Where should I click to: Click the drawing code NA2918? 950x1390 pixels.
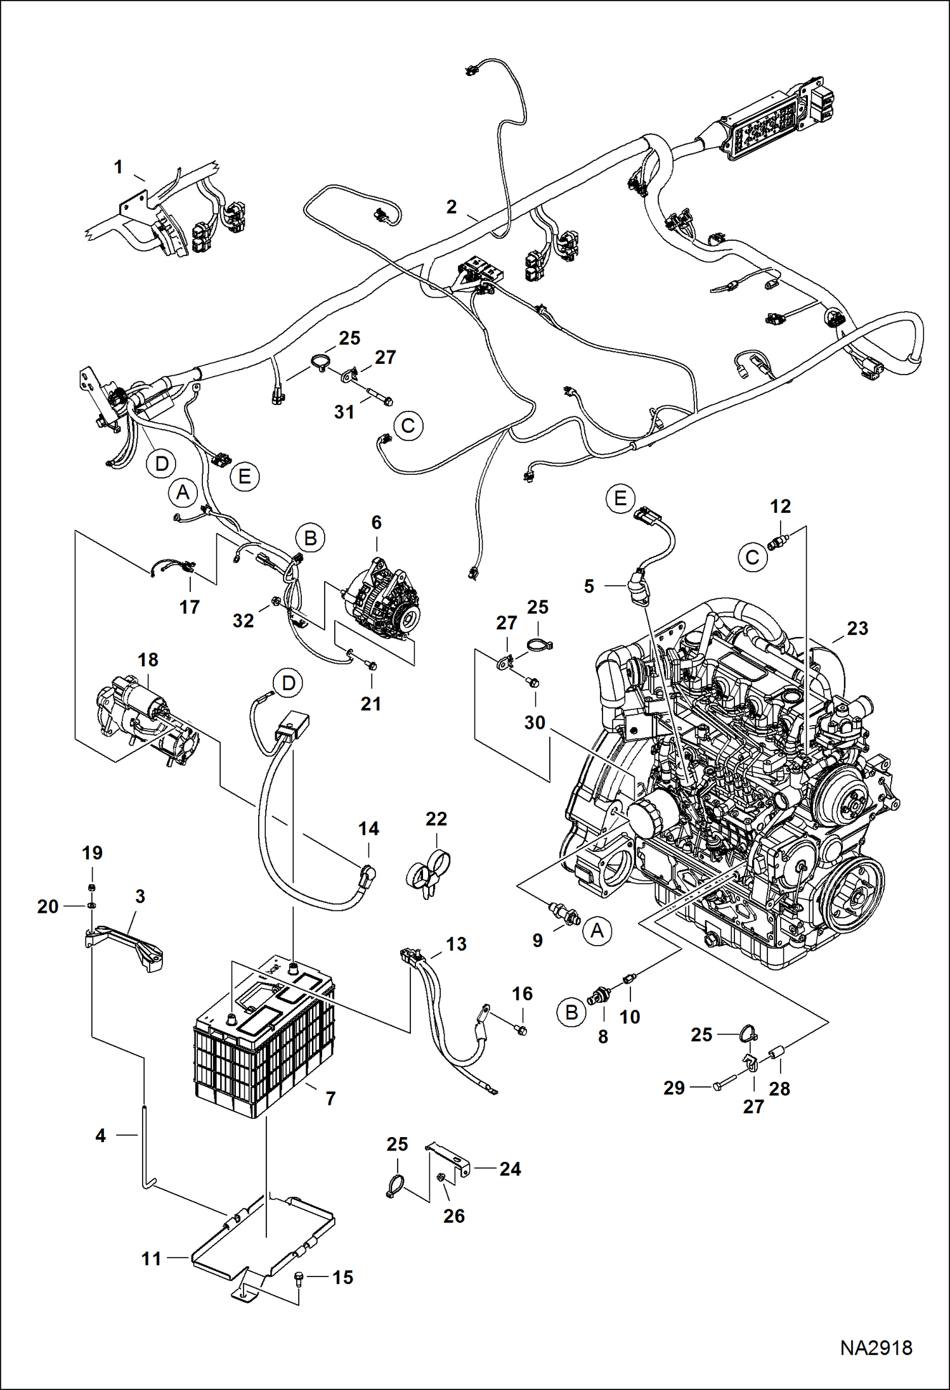[876, 1348]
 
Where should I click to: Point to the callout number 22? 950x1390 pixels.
[436, 819]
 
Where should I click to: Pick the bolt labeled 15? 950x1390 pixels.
[300, 1277]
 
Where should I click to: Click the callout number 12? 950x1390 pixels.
[780, 506]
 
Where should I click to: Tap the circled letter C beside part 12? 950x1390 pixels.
[752, 557]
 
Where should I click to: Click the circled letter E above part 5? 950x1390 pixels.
[620, 498]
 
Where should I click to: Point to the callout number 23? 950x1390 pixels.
[857, 628]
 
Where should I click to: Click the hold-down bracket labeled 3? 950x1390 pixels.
[127, 945]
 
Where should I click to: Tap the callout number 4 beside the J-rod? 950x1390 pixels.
[100, 1136]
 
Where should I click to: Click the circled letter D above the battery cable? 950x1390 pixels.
[288, 683]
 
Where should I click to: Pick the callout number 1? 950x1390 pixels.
[118, 167]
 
